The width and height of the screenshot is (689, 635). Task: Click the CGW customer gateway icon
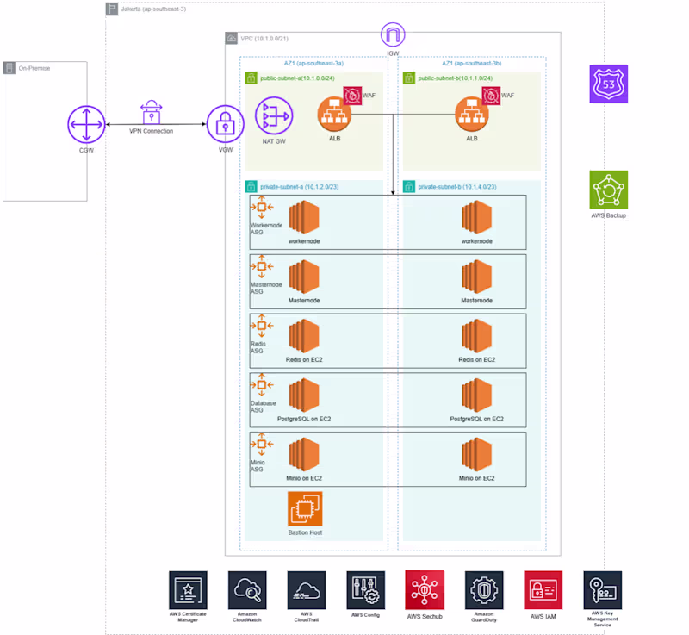click(86, 127)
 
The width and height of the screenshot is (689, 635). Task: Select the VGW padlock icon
click(224, 127)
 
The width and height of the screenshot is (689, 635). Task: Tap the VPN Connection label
click(152, 131)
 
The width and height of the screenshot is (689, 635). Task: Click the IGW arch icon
click(393, 36)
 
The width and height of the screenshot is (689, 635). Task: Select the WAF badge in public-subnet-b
click(492, 96)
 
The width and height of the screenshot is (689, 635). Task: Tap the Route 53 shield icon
click(609, 84)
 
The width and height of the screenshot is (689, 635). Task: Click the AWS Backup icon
click(609, 190)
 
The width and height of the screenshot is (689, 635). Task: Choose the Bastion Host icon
click(305, 508)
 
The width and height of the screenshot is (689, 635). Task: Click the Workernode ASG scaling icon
click(261, 208)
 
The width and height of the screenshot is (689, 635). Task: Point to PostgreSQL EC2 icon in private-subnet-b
click(476, 396)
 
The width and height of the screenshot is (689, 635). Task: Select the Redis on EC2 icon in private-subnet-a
click(304, 337)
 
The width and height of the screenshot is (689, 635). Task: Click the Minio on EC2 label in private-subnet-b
click(476, 477)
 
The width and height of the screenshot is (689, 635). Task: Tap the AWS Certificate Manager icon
click(189, 590)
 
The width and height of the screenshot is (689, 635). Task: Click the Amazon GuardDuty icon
click(484, 590)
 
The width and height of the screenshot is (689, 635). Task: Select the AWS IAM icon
click(543, 590)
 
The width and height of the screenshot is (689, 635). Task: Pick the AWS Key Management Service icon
click(602, 590)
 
